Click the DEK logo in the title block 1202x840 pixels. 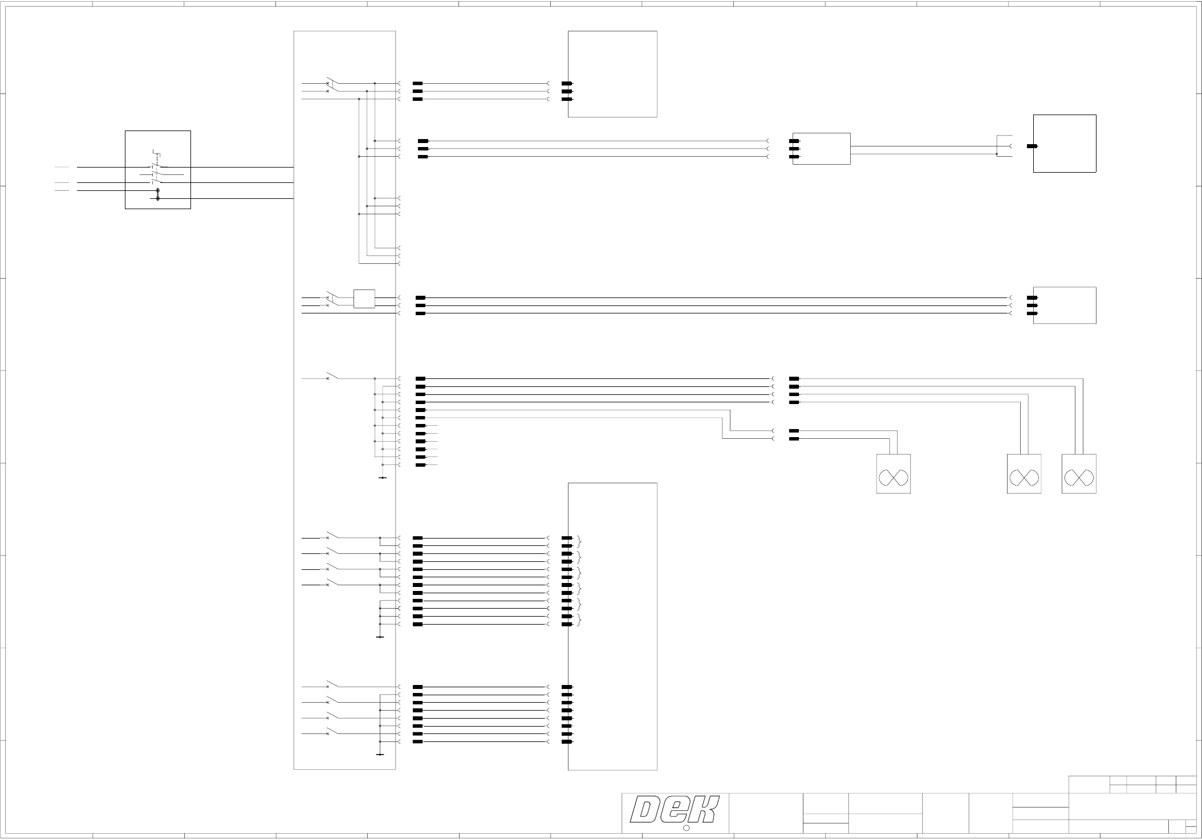point(675,810)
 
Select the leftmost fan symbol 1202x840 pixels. point(893,474)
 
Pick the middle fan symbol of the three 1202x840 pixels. point(1024,474)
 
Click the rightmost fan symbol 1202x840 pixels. point(1078,474)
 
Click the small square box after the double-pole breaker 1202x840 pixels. point(364,299)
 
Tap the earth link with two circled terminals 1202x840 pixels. point(157,194)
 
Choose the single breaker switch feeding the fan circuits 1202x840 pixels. point(331,377)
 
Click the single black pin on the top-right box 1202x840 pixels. point(1032,146)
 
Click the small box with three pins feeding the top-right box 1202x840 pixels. point(821,149)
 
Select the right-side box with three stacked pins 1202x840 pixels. point(1065,305)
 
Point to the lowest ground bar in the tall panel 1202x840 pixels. point(380,755)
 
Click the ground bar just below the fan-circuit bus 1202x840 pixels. point(382,478)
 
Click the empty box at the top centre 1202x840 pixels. point(612,74)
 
